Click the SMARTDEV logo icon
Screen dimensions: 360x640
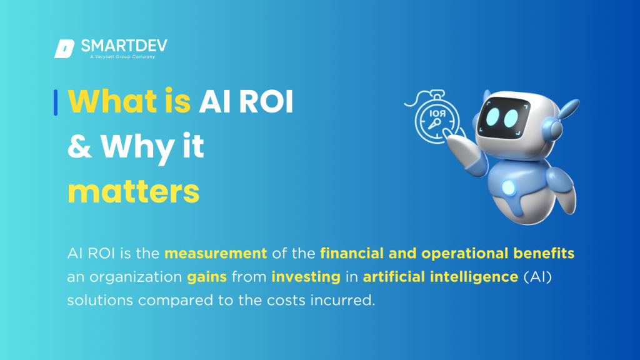(x=64, y=49)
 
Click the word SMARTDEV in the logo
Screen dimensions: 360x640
(x=124, y=46)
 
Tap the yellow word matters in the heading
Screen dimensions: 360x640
(x=133, y=192)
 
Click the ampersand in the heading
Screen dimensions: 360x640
(x=79, y=147)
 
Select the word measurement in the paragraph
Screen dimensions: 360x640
(x=216, y=254)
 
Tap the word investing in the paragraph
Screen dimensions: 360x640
(x=306, y=276)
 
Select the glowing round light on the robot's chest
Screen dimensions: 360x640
(x=507, y=187)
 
